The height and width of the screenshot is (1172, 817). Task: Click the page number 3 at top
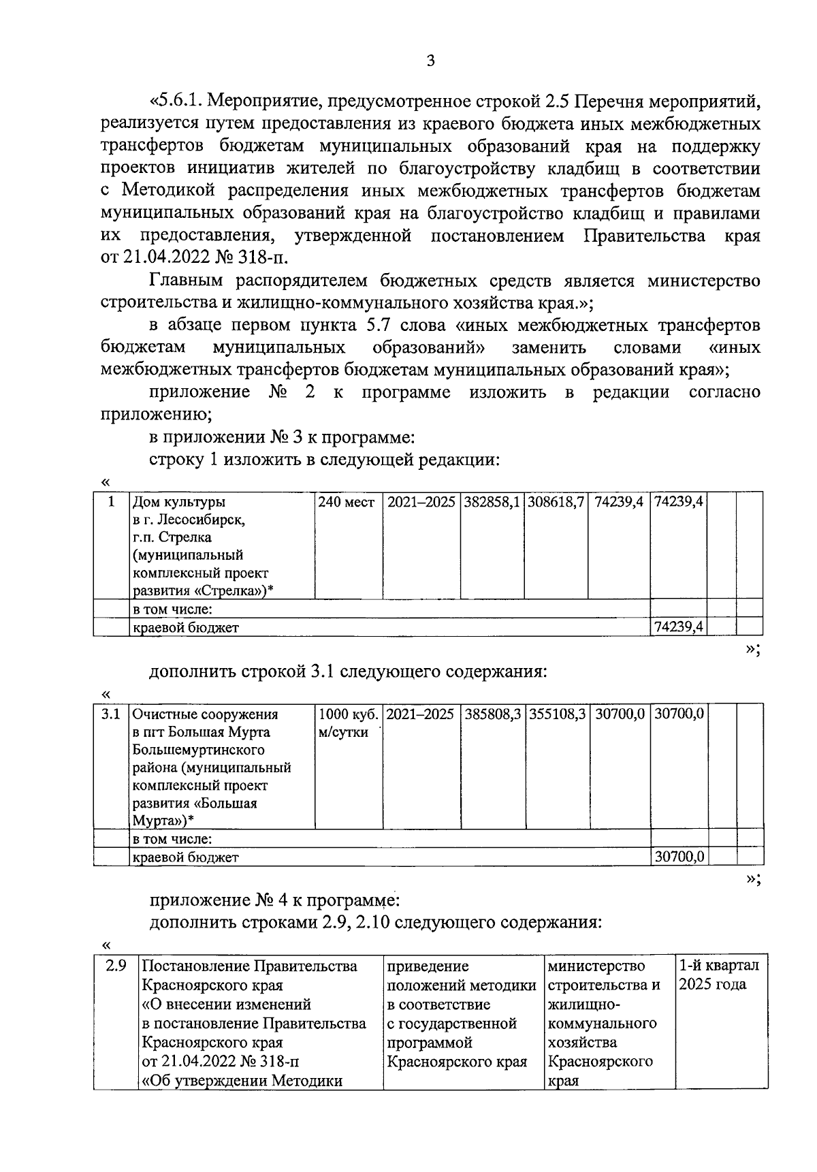click(x=430, y=61)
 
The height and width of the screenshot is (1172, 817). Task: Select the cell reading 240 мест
click(x=347, y=503)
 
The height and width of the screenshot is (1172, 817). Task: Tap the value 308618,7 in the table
click(x=555, y=503)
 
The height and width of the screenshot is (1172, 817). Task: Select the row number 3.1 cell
click(x=110, y=714)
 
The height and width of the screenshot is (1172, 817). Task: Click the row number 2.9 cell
click(x=116, y=966)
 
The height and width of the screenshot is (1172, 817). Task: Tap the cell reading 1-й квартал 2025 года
click(x=720, y=975)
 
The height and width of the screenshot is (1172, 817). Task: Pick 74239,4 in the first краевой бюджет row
click(x=678, y=627)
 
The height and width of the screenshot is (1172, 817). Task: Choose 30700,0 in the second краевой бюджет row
click(x=679, y=857)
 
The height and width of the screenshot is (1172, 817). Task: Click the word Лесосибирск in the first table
click(x=200, y=520)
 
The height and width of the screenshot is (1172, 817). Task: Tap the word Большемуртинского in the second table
click(x=198, y=750)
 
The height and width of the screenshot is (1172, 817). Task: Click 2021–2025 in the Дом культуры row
click(x=421, y=503)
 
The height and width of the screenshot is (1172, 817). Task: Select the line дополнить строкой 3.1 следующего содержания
click(x=348, y=672)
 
